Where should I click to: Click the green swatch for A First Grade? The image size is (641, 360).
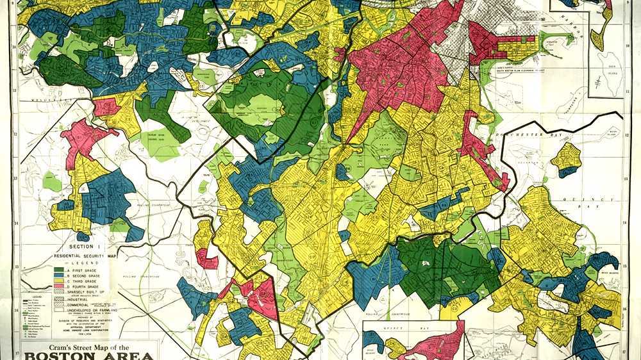point(58,270)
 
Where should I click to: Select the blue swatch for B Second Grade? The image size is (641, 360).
point(58,275)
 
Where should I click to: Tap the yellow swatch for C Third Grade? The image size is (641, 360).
point(58,281)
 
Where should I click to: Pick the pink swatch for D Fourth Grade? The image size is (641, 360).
point(58,287)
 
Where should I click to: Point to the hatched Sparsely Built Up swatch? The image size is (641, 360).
point(58,293)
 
